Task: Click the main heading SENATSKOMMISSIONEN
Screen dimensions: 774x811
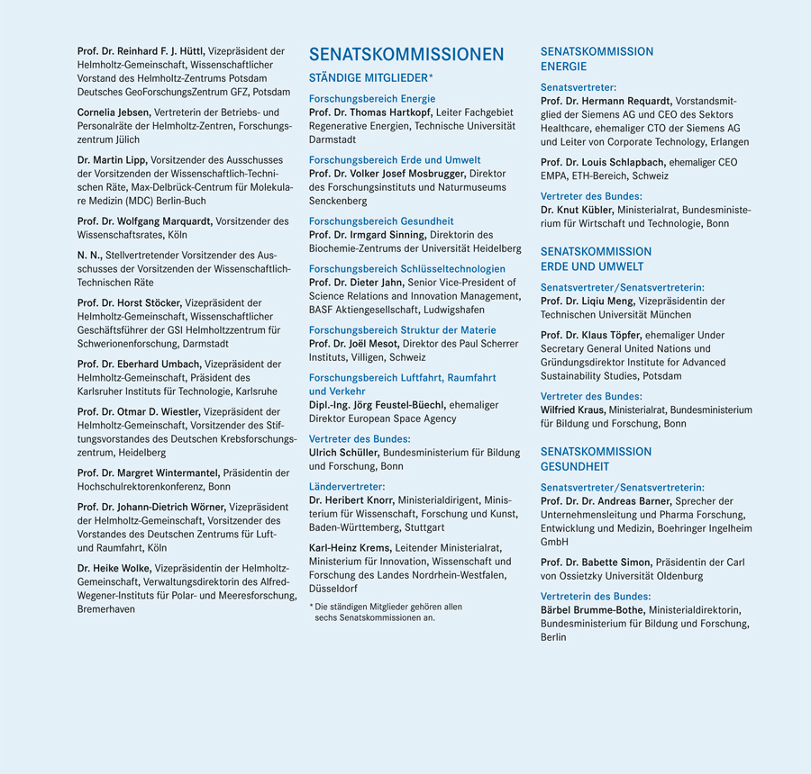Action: coord(406,55)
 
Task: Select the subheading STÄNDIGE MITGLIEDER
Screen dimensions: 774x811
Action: coord(369,79)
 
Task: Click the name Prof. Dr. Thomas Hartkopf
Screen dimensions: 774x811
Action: coord(369,112)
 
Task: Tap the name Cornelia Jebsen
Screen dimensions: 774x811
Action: coord(114,112)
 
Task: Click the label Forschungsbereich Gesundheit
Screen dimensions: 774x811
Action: coord(381,221)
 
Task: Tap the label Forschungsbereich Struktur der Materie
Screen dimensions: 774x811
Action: coord(402,330)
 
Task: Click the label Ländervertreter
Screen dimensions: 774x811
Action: coord(347,486)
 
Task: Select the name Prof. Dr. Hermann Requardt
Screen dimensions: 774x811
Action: coord(606,102)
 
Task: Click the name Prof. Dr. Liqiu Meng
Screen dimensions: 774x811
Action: coord(588,301)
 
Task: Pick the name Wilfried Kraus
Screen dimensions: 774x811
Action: coord(572,409)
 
